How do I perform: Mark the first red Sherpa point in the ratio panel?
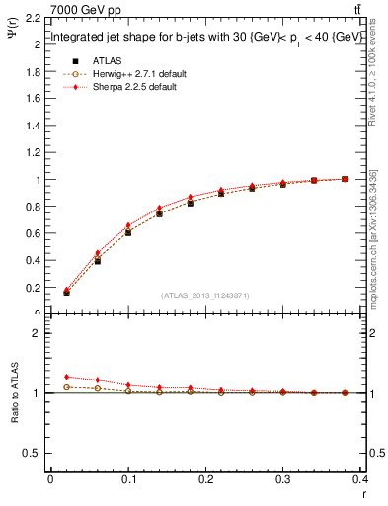[66, 377]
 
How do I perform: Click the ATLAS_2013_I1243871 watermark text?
[204, 295]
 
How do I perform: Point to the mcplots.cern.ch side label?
[373, 252]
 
